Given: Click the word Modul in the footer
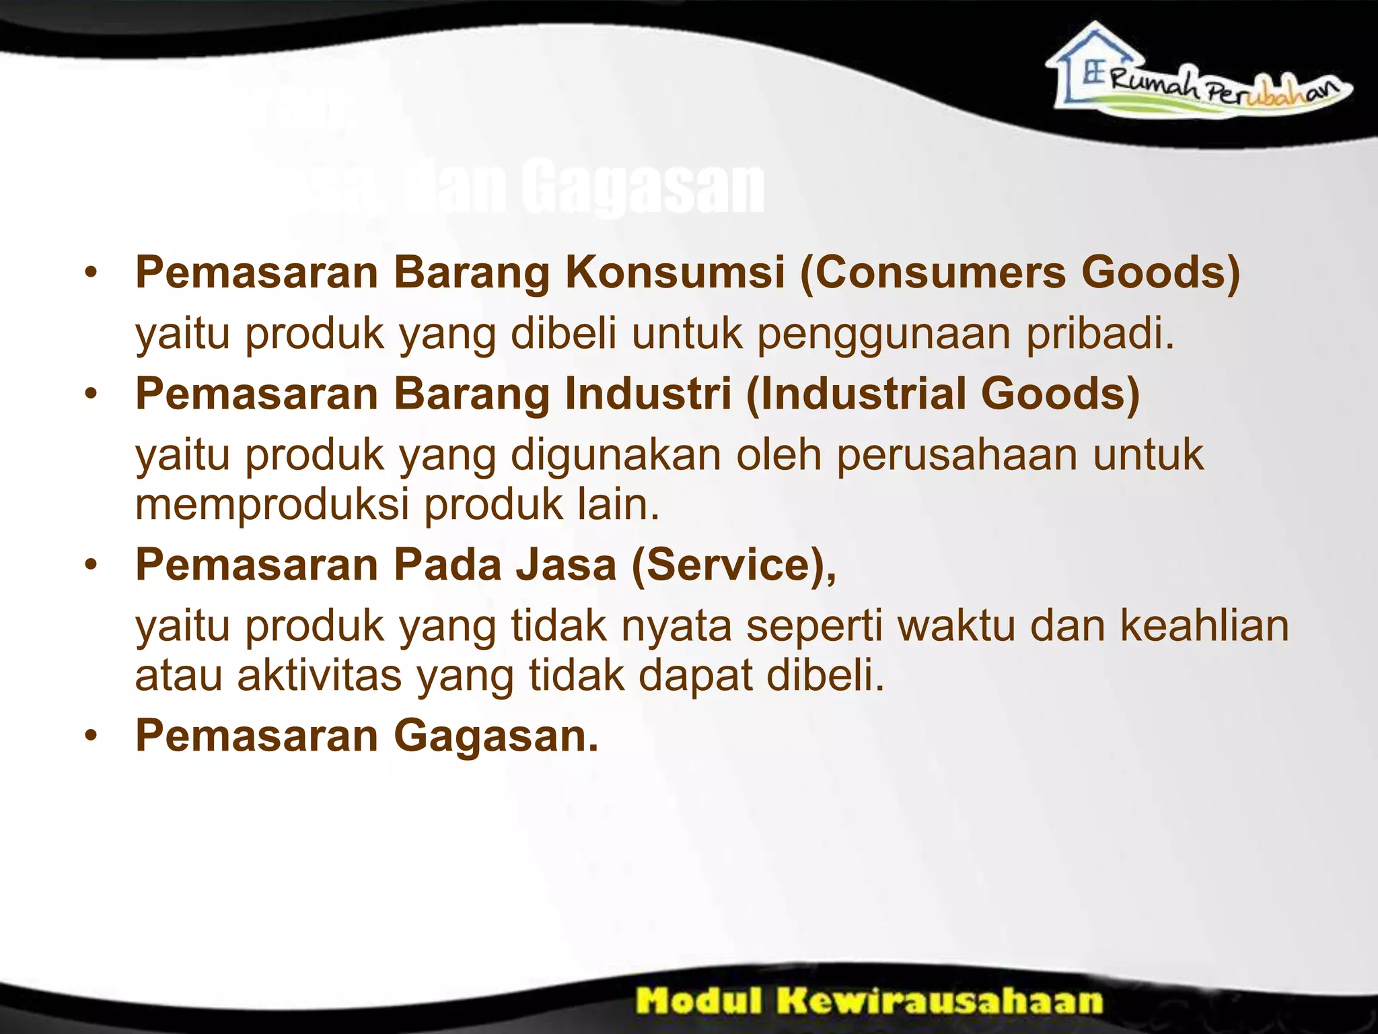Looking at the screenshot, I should pos(700,1000).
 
